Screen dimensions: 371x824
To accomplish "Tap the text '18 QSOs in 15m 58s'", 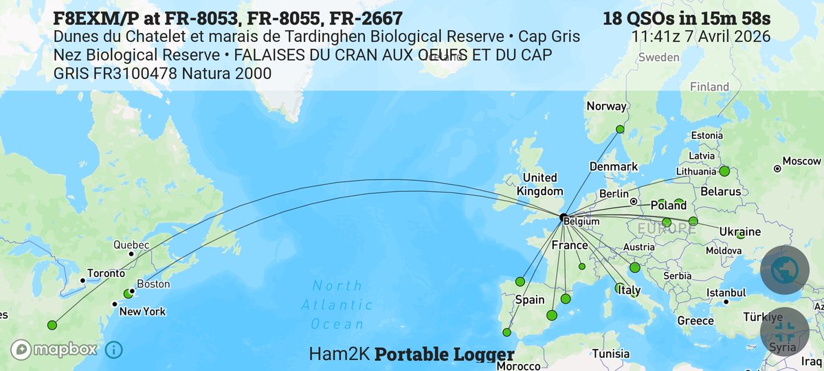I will pyautogui.click(x=687, y=19).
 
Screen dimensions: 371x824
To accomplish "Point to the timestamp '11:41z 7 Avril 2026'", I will pyautogui.click(x=701, y=36).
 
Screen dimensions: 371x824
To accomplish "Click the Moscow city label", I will pyautogui.click(x=803, y=161).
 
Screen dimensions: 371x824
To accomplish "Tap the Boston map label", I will pyautogui.click(x=153, y=284).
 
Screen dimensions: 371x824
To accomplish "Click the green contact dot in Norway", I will pyautogui.click(x=620, y=129).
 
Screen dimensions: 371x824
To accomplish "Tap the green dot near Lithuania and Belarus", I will pyautogui.click(x=724, y=170).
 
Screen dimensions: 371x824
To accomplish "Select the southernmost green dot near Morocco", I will pyautogui.click(x=506, y=333).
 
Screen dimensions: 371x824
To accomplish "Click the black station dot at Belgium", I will pyautogui.click(x=563, y=217).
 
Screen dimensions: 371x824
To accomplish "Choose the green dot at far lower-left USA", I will pyautogui.click(x=52, y=325).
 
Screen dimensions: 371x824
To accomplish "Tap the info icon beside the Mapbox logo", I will pyautogui.click(x=114, y=350).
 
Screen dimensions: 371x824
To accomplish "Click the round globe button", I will pyautogui.click(x=784, y=271).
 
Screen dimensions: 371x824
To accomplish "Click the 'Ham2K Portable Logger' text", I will pyautogui.click(x=412, y=355).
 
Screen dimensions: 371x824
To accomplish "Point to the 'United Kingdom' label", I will pyautogui.click(x=539, y=184).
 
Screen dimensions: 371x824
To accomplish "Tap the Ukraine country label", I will pyautogui.click(x=739, y=232).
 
